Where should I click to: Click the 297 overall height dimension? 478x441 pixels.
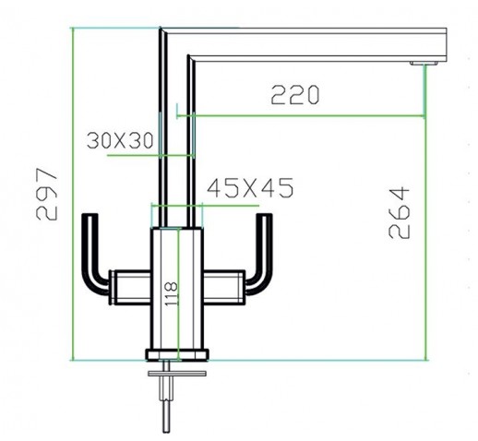tap(46, 194)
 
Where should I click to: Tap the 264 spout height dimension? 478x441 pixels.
tap(400, 212)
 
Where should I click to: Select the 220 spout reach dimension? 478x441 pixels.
tap(295, 95)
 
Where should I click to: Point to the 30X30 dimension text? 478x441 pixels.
tap(120, 140)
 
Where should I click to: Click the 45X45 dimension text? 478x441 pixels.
tap(250, 188)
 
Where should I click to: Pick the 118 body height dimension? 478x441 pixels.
tap(172, 293)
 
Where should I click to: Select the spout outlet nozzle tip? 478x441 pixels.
tap(424, 64)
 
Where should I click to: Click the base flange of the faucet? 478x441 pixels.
tap(177, 354)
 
